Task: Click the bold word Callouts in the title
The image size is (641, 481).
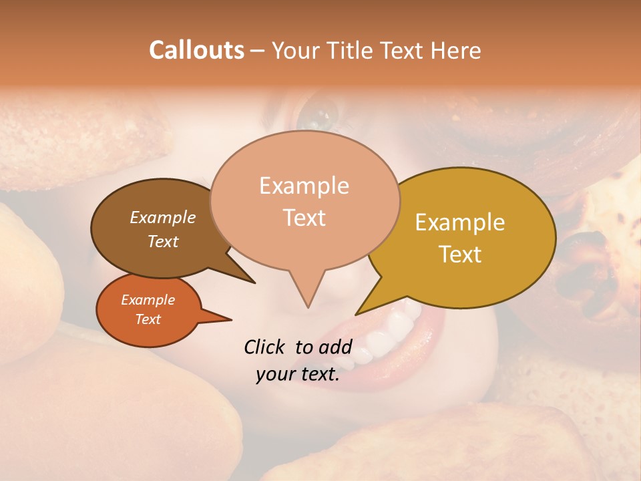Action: [x=196, y=50]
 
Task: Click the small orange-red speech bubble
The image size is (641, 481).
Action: [x=148, y=310]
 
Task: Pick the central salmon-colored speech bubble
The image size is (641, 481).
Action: [x=304, y=200]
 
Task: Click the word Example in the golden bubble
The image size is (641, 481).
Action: [x=460, y=222]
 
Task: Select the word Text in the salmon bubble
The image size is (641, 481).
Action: [x=304, y=218]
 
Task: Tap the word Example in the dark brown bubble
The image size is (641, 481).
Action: [x=163, y=217]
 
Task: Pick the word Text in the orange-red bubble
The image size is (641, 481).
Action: [x=148, y=319]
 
